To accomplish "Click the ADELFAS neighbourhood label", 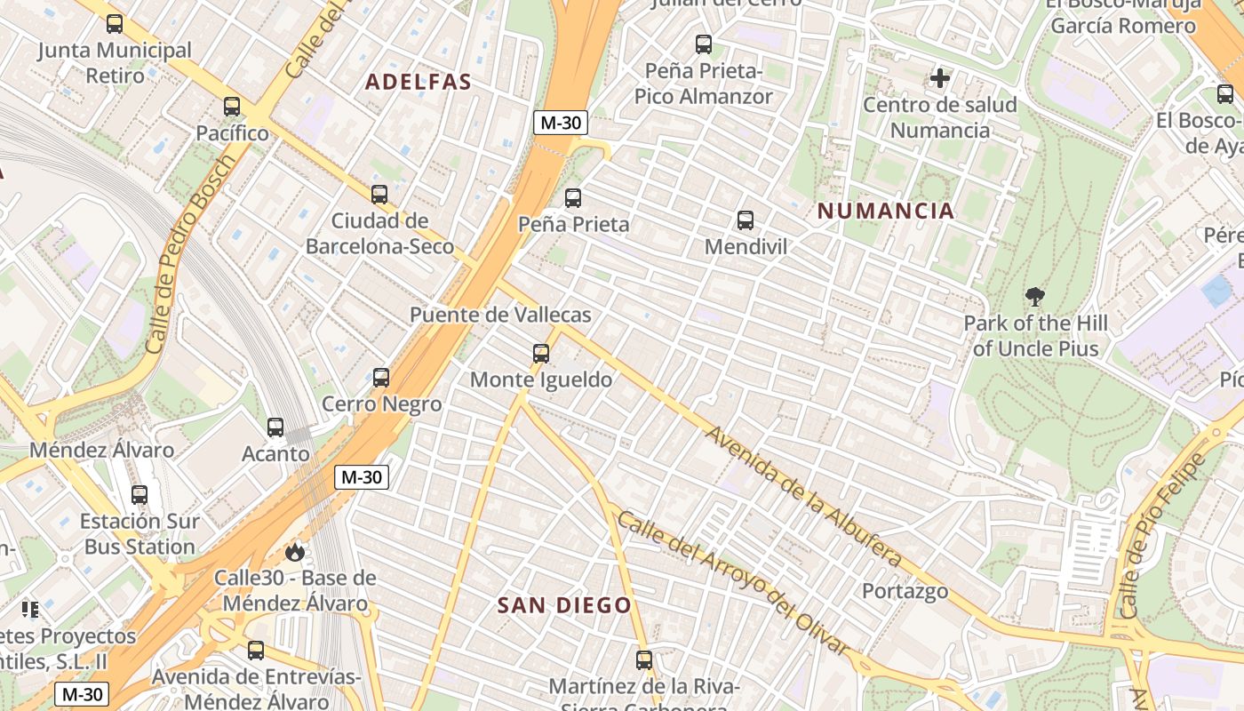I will [418, 82].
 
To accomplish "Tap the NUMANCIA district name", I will [885, 212].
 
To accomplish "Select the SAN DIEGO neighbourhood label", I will [564, 606].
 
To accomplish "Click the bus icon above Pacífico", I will [232, 107].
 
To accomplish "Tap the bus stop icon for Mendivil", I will [746, 220].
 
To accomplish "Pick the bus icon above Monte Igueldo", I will [541, 354].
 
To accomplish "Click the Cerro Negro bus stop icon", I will [381, 378].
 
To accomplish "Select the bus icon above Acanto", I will [275, 427].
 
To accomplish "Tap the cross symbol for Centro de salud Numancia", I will [940, 78].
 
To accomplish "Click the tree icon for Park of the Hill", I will [1034, 297].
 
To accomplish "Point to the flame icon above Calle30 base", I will [295, 552].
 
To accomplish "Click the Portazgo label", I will [905, 591].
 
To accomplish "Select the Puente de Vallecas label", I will [499, 315].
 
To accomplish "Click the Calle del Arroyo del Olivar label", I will [734, 583].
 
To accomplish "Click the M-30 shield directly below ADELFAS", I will [560, 123].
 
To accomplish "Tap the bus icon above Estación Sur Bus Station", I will [140, 495].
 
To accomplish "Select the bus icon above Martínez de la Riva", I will [644, 660].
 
